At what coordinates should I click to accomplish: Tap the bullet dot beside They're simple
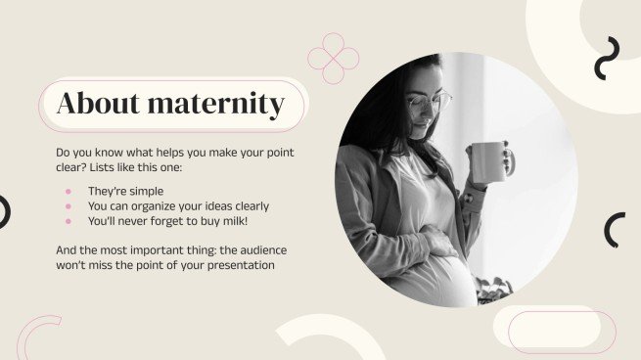click(69, 191)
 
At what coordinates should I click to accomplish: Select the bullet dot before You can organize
click(69, 206)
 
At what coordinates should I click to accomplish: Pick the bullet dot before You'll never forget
click(69, 222)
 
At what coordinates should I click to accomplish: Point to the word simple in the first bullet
click(145, 191)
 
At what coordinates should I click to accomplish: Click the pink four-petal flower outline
click(334, 59)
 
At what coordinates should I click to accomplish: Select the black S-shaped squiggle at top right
click(607, 58)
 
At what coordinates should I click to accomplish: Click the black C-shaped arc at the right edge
click(614, 230)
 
